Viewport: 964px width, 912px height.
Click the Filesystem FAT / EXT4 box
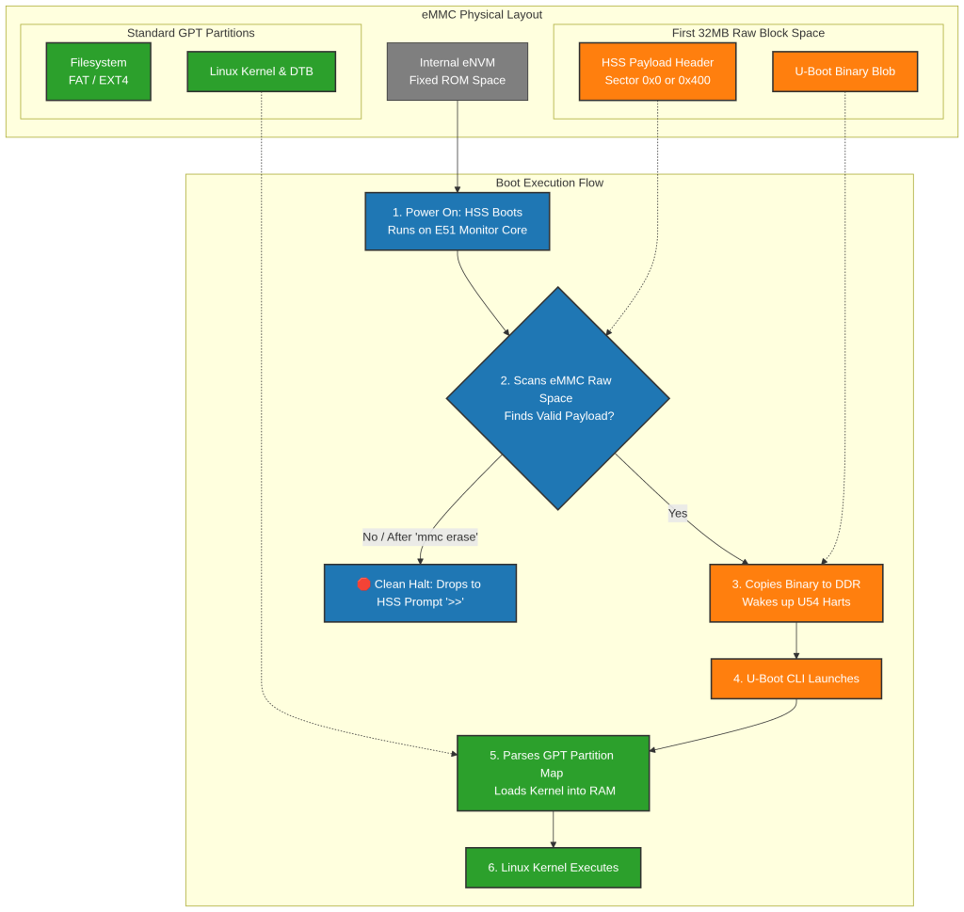pyautogui.click(x=98, y=72)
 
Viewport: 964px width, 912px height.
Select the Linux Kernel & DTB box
pyautogui.click(x=262, y=72)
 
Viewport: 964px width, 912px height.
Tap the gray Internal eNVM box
pyautogui.click(x=458, y=72)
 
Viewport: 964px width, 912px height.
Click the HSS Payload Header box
pyautogui.click(x=657, y=72)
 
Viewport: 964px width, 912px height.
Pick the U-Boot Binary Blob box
pyautogui.click(x=844, y=72)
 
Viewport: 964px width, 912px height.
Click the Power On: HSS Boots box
pyautogui.click(x=458, y=221)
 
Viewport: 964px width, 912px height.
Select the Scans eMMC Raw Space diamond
pyautogui.click(x=557, y=398)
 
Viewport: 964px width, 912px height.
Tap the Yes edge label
pyautogui.click(x=678, y=513)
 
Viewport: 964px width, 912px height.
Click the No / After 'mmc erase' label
pyautogui.click(x=420, y=537)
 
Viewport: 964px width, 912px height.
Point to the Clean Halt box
pyautogui.click(x=420, y=593)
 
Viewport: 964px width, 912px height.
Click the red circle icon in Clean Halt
pyautogui.click(x=364, y=584)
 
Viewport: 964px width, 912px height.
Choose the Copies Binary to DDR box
pyautogui.click(x=796, y=593)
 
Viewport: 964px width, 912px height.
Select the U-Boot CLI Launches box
pyautogui.click(x=796, y=679)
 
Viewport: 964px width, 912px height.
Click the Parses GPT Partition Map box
pyautogui.click(x=554, y=773)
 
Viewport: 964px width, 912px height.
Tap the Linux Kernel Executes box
pyautogui.click(x=554, y=868)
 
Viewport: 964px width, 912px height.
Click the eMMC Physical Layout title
pyautogui.click(x=482, y=15)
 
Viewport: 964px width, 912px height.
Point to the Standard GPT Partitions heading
pyautogui.click(x=190, y=33)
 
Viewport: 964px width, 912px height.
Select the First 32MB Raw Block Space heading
pyautogui.click(x=748, y=33)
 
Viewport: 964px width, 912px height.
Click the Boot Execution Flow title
pyautogui.click(x=550, y=183)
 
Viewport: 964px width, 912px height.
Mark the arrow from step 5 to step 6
pyautogui.click(x=554, y=830)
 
